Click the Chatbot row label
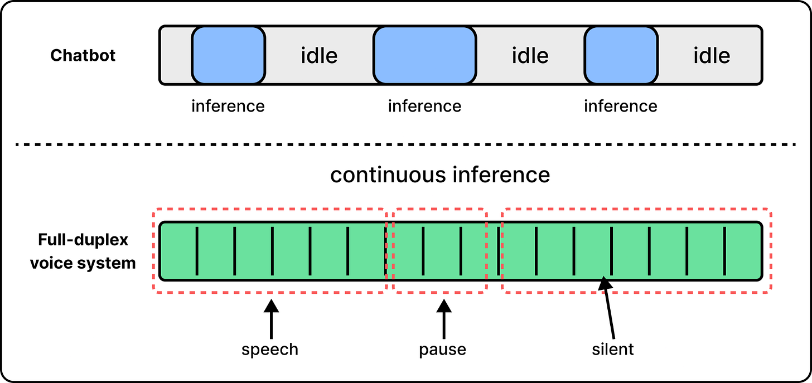point(83,55)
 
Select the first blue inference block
point(229,55)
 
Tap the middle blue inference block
point(424,55)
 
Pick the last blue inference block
point(621,55)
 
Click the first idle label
point(319,56)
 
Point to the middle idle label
point(530,56)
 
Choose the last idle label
point(712,56)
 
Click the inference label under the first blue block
point(228,106)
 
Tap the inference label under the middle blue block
point(424,106)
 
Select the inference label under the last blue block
point(621,106)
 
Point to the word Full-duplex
point(83,240)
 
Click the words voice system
point(83,263)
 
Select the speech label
point(270,350)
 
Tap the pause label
point(443,350)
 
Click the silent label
point(613,350)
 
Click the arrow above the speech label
point(271,319)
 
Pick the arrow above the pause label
point(444,319)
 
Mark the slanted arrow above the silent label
point(608,307)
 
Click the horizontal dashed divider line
point(405,144)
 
